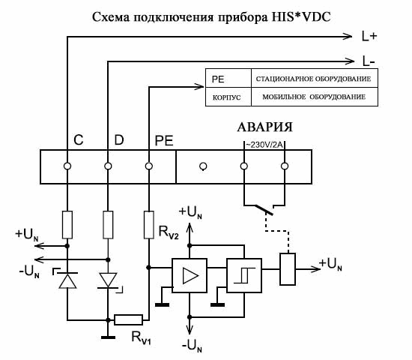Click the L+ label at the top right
click(x=369, y=36)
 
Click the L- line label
click(x=369, y=61)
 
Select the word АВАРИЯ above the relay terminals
click(x=264, y=127)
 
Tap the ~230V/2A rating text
click(x=264, y=145)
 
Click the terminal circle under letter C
click(x=67, y=166)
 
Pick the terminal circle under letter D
click(x=108, y=166)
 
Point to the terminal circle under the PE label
click(x=149, y=166)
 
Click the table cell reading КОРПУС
click(x=226, y=97)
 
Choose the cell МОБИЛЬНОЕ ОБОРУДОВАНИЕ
click(x=314, y=97)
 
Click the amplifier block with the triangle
click(x=190, y=275)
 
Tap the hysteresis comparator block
click(x=244, y=275)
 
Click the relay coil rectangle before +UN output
click(x=288, y=269)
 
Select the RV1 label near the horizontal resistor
click(x=141, y=337)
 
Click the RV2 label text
click(x=169, y=232)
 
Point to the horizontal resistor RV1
click(x=128, y=319)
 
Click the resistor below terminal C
click(x=67, y=225)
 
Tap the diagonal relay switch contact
click(x=263, y=209)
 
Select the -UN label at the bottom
click(x=192, y=345)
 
